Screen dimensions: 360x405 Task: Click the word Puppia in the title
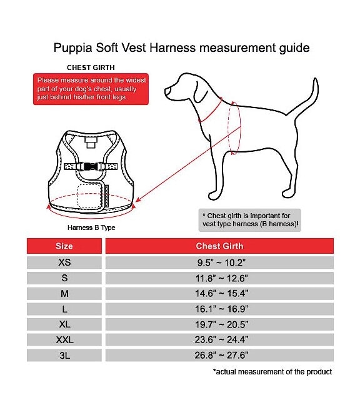tap(72, 48)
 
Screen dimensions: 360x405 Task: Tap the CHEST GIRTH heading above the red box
tap(91, 67)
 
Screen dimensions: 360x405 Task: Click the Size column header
tap(64, 246)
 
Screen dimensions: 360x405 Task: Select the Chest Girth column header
tap(219, 246)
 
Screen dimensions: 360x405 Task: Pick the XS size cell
tap(64, 262)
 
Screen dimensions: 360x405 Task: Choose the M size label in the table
tap(64, 293)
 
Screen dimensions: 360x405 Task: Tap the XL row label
tap(64, 324)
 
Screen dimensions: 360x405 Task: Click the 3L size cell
tap(64, 355)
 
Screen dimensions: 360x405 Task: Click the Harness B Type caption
tap(91, 227)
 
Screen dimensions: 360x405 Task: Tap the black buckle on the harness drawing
tap(91, 166)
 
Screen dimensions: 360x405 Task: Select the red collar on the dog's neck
tap(210, 111)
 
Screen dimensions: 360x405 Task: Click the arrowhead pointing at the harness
tap(138, 199)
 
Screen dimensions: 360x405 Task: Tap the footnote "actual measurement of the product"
tap(272, 372)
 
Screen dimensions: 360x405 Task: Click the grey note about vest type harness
tap(250, 220)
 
